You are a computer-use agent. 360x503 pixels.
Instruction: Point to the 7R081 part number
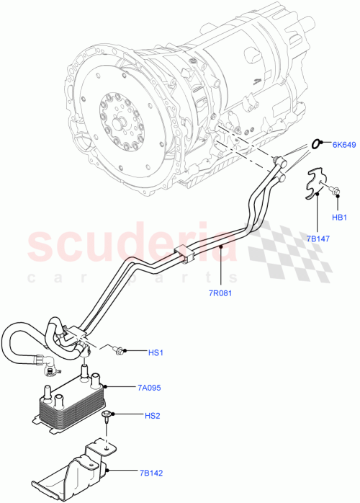click(x=221, y=293)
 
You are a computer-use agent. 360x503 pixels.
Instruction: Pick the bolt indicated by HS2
click(x=108, y=415)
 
